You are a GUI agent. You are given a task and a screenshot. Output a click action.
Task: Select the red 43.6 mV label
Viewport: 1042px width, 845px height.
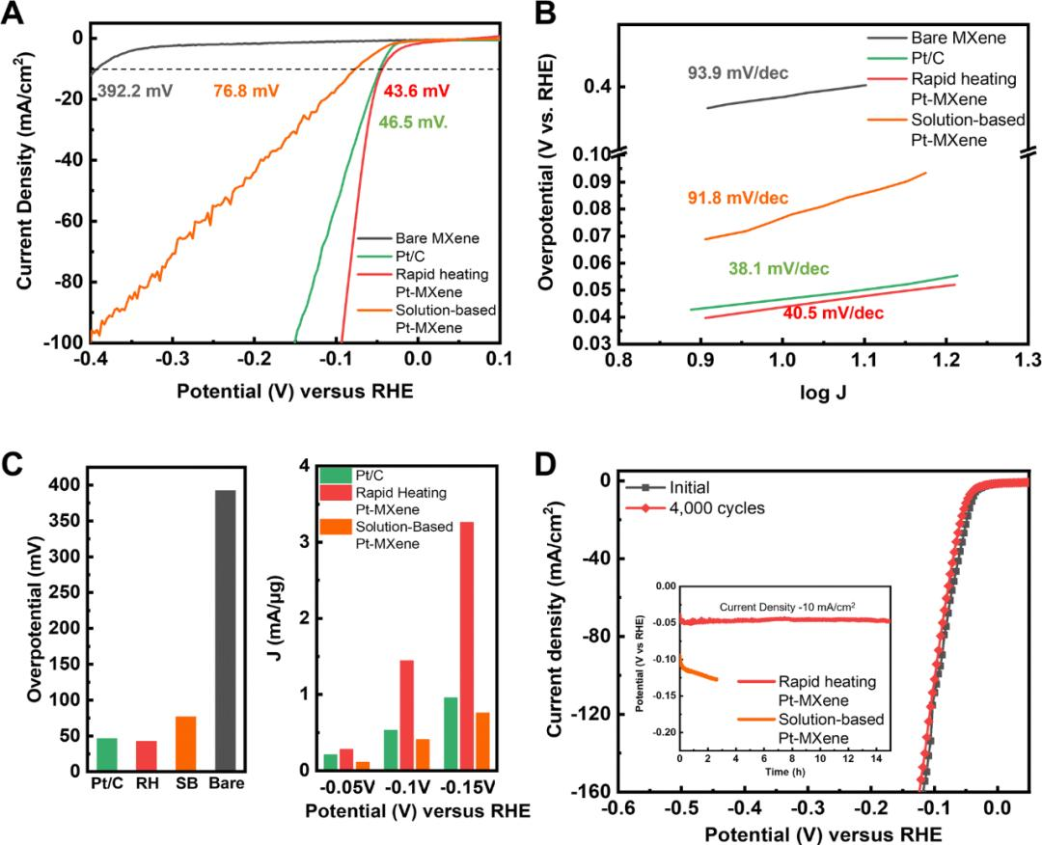(416, 91)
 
